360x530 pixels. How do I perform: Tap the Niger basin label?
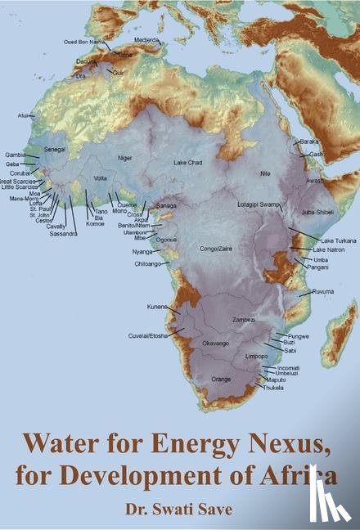[124, 157]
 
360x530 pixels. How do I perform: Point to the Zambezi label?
[244, 319]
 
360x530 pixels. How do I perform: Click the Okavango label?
[215, 343]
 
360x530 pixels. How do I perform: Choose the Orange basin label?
[221, 380]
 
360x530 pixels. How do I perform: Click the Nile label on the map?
[265, 173]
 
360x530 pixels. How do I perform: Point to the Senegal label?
[55, 150]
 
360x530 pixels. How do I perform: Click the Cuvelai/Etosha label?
[147, 335]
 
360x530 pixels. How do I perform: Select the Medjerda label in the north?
[147, 38]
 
